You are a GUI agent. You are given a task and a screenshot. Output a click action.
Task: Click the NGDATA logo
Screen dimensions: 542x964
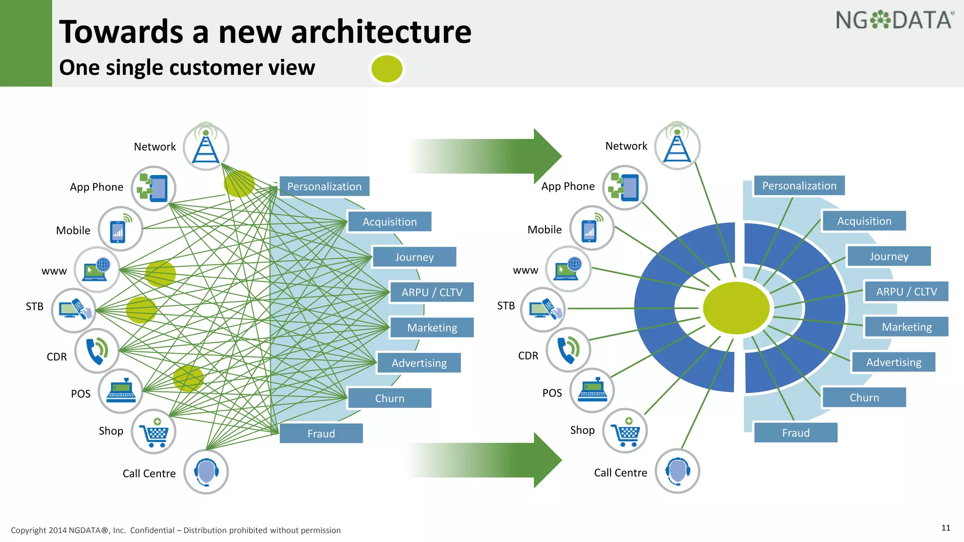(894, 20)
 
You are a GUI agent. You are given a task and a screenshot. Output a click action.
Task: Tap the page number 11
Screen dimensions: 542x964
(946, 528)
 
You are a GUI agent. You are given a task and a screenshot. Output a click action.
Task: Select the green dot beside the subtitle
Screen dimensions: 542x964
(386, 69)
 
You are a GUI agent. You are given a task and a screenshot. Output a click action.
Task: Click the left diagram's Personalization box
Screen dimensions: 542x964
(324, 186)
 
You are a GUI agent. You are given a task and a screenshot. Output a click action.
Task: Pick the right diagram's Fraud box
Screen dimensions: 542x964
(795, 433)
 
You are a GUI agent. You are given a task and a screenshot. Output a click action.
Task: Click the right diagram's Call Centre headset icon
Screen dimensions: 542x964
(677, 471)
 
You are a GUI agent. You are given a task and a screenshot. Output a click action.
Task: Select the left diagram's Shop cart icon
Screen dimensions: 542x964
(153, 431)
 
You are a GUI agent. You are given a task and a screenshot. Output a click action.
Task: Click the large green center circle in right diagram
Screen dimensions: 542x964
(736, 308)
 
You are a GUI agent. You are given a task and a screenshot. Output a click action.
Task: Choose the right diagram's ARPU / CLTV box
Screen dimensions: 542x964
(906, 292)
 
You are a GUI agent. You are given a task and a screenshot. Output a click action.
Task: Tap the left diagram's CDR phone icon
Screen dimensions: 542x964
(97, 351)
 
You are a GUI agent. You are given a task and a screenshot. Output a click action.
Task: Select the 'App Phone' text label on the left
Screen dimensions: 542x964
(96, 187)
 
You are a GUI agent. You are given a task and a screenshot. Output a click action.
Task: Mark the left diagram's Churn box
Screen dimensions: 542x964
(389, 399)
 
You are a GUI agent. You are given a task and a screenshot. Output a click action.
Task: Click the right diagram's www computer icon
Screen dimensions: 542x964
(568, 269)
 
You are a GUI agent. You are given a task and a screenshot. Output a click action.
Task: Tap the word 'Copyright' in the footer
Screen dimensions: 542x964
(29, 530)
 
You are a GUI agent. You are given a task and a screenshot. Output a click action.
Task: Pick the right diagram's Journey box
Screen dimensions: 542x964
(889, 256)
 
